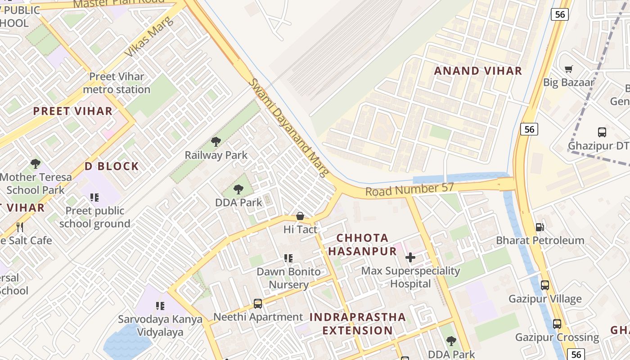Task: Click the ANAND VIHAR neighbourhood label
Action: (477, 71)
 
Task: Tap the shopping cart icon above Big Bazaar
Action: (569, 69)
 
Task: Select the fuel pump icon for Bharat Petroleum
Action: (540, 227)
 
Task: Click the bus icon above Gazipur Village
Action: (545, 285)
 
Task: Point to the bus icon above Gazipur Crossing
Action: (557, 324)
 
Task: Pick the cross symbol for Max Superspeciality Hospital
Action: (410, 257)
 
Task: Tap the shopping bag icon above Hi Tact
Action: (300, 216)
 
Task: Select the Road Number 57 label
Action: (409, 190)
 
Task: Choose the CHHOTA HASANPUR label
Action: (362, 244)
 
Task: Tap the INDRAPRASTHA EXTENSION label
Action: (358, 324)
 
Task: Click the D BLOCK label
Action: (112, 166)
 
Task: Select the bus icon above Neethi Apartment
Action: (258, 304)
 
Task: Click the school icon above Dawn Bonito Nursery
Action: (288, 258)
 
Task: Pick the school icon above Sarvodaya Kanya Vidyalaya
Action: (160, 306)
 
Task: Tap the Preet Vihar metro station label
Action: (117, 83)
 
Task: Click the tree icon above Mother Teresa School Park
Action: (36, 164)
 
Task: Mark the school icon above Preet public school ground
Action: (94, 197)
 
